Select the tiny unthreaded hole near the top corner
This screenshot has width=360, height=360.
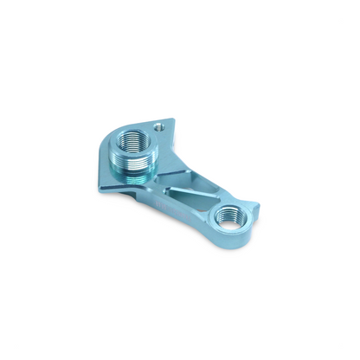[158, 126]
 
